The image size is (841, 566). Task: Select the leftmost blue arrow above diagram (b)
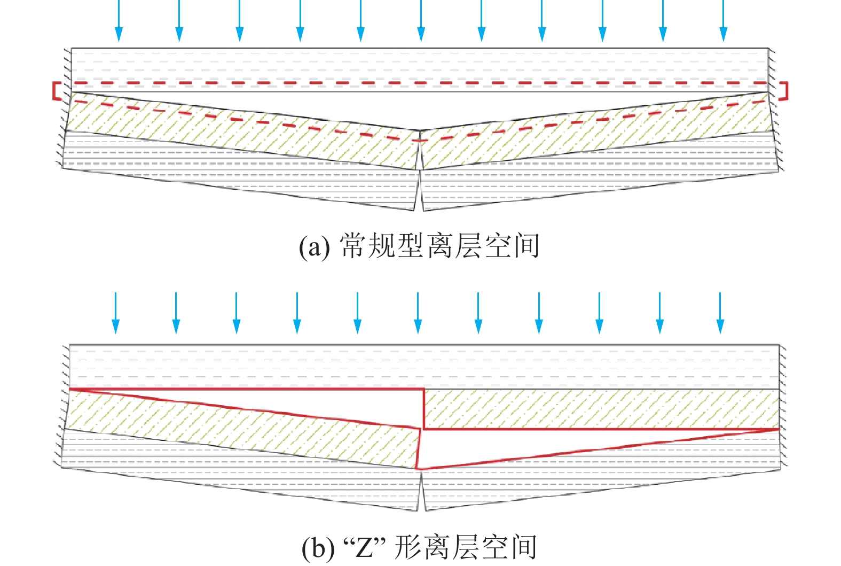coord(115,313)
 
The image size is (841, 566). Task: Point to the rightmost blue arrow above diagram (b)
coord(720,313)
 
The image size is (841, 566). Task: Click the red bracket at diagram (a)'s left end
coord(55,91)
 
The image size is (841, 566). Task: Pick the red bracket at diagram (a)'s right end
coord(784,91)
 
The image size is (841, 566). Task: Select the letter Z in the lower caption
coord(365,548)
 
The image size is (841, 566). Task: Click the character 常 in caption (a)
coord(353,246)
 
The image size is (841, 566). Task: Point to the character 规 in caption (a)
coord(382,246)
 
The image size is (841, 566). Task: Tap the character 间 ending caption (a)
coord(525,246)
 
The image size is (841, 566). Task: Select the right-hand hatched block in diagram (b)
coord(598,409)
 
